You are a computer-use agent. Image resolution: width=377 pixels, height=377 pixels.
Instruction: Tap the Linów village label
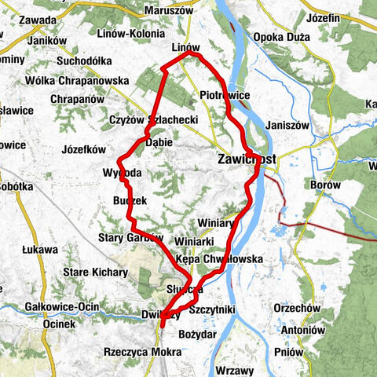pyautogui.click(x=185, y=49)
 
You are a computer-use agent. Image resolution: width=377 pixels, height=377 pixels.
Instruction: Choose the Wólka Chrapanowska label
pyautogui.click(x=68, y=79)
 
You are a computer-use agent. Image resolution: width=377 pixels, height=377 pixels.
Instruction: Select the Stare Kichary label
pyautogui.click(x=97, y=272)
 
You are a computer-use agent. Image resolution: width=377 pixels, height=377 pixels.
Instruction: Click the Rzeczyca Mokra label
pyautogui.click(x=139, y=352)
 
